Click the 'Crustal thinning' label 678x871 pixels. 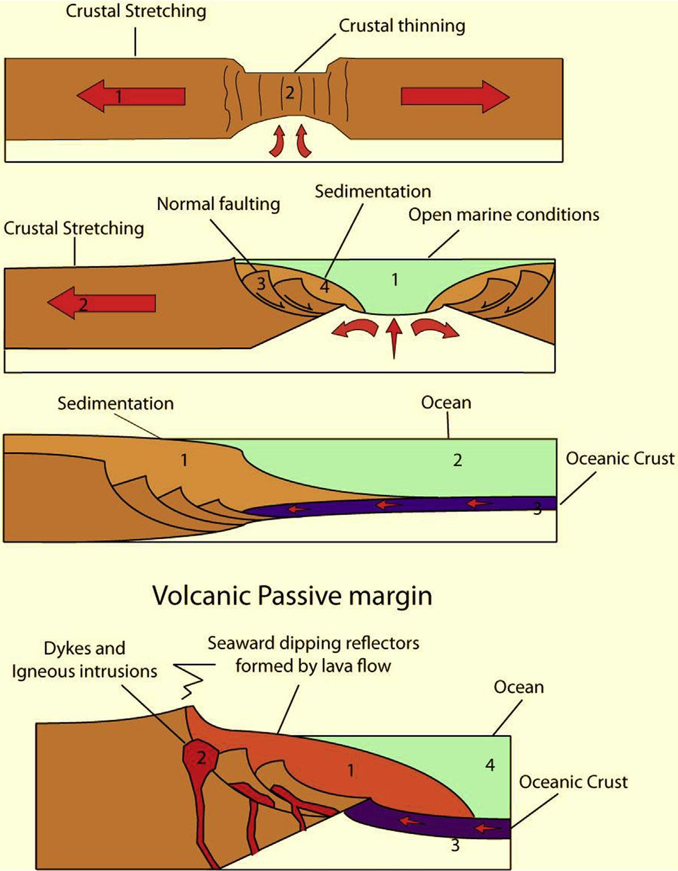[x=402, y=26]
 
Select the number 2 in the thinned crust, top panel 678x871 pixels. [x=289, y=92]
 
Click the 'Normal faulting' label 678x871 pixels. [x=218, y=204]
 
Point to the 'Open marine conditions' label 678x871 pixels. [x=504, y=215]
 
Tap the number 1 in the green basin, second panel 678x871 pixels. [x=395, y=279]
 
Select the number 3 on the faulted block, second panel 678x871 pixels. [x=261, y=283]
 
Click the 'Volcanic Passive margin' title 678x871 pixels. [x=292, y=596]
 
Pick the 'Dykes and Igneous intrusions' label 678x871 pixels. [x=85, y=660]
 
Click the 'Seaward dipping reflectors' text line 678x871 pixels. [x=314, y=643]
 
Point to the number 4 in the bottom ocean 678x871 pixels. [x=490, y=765]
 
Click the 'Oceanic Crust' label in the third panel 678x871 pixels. [x=620, y=458]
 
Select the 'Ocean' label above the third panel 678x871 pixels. [x=446, y=403]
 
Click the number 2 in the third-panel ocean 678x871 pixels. [x=457, y=460]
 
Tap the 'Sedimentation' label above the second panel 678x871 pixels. [x=373, y=191]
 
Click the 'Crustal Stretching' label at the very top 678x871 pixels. [x=136, y=11]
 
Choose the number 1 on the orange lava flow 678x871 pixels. [x=351, y=770]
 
